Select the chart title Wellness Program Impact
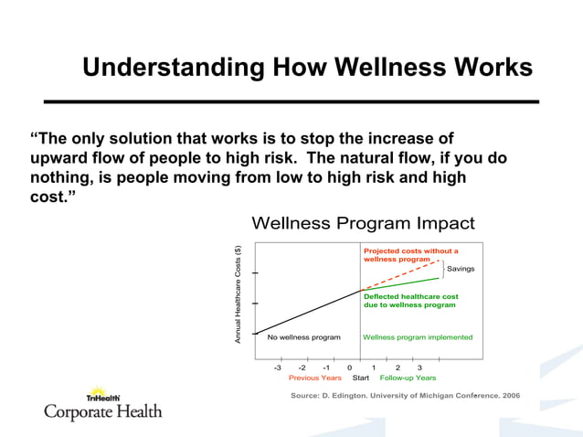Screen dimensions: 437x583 tap(363, 224)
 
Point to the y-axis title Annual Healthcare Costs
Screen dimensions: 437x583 tap(238, 294)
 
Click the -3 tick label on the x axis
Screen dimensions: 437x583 tap(279, 368)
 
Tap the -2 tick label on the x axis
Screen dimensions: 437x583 tap(302, 368)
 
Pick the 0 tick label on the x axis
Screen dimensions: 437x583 tap(350, 368)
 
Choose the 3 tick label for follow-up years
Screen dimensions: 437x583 tap(419, 368)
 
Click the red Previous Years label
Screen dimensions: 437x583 tap(315, 378)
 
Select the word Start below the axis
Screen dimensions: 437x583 tap(360, 378)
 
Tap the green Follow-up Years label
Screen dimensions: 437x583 tap(408, 378)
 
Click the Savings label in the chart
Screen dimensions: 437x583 tap(461, 269)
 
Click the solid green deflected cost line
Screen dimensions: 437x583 tap(402, 284)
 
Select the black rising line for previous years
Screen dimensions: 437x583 tap(306, 313)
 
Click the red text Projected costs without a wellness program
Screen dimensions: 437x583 tap(410, 254)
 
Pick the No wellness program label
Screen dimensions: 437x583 tap(303, 337)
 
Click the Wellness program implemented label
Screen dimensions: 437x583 tap(418, 337)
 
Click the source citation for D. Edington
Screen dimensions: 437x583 tap(405, 396)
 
